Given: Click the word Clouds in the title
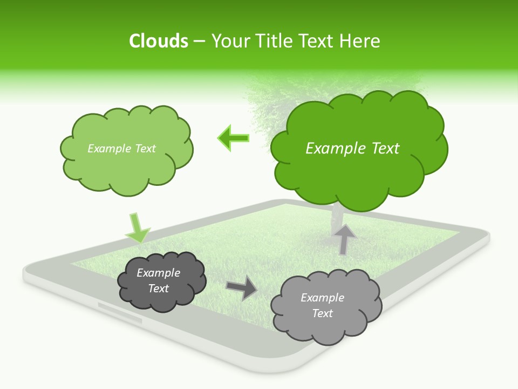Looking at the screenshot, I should pyautogui.click(x=159, y=41).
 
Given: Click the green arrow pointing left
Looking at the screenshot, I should pyautogui.click(x=234, y=138).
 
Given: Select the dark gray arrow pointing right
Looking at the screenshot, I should pyautogui.click(x=242, y=288).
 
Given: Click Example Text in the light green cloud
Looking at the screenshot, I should pyautogui.click(x=121, y=149).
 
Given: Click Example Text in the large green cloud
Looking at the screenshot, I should pyautogui.click(x=352, y=149).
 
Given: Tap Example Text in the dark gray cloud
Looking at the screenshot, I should pyautogui.click(x=158, y=280).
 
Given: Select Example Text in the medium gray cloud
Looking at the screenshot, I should pyautogui.click(x=322, y=305).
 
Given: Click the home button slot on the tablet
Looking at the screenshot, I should pyautogui.click(x=120, y=313).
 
